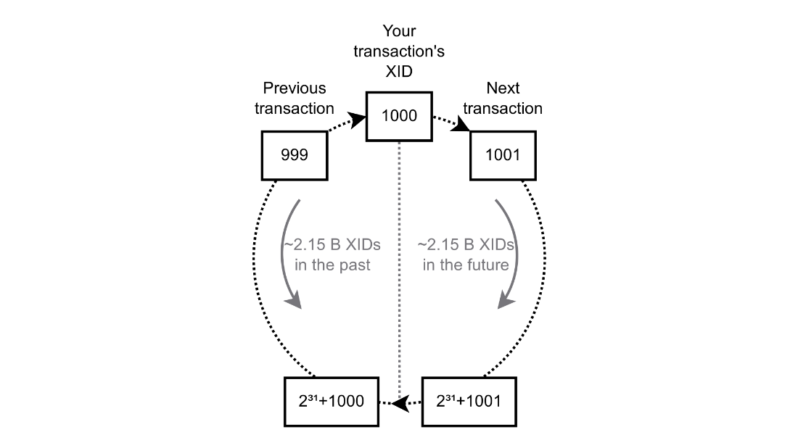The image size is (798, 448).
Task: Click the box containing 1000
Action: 399,117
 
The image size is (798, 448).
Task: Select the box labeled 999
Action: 294,156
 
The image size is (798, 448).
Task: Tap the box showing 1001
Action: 503,156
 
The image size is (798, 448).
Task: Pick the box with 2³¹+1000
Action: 332,402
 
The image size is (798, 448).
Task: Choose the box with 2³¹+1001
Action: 469,402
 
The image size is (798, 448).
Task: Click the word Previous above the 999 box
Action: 294,88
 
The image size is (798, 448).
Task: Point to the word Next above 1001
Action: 503,88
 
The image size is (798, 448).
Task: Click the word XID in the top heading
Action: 399,72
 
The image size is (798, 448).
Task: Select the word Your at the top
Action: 399,31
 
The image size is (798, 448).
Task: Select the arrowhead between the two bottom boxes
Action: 401,404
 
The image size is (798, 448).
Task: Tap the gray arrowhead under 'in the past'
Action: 294,302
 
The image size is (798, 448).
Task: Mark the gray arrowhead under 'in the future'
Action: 506,301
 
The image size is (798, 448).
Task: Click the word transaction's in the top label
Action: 399,51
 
